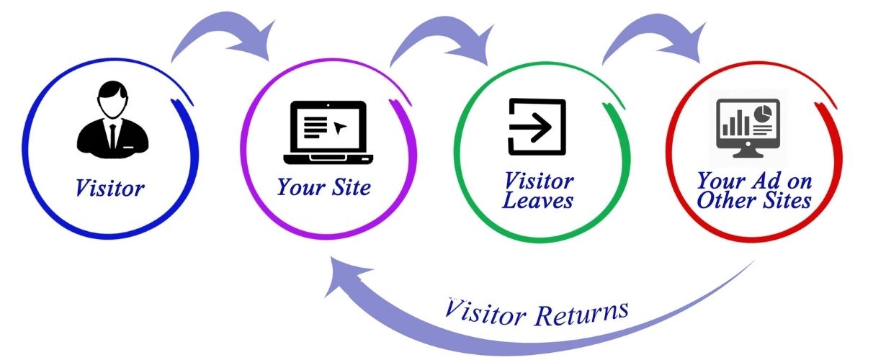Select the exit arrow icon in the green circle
point(536,127)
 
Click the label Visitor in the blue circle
point(109,189)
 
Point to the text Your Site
point(324,188)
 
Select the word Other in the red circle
point(724,200)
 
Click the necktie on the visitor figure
point(112,135)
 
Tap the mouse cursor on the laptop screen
point(339,128)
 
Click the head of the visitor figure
point(110,99)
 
